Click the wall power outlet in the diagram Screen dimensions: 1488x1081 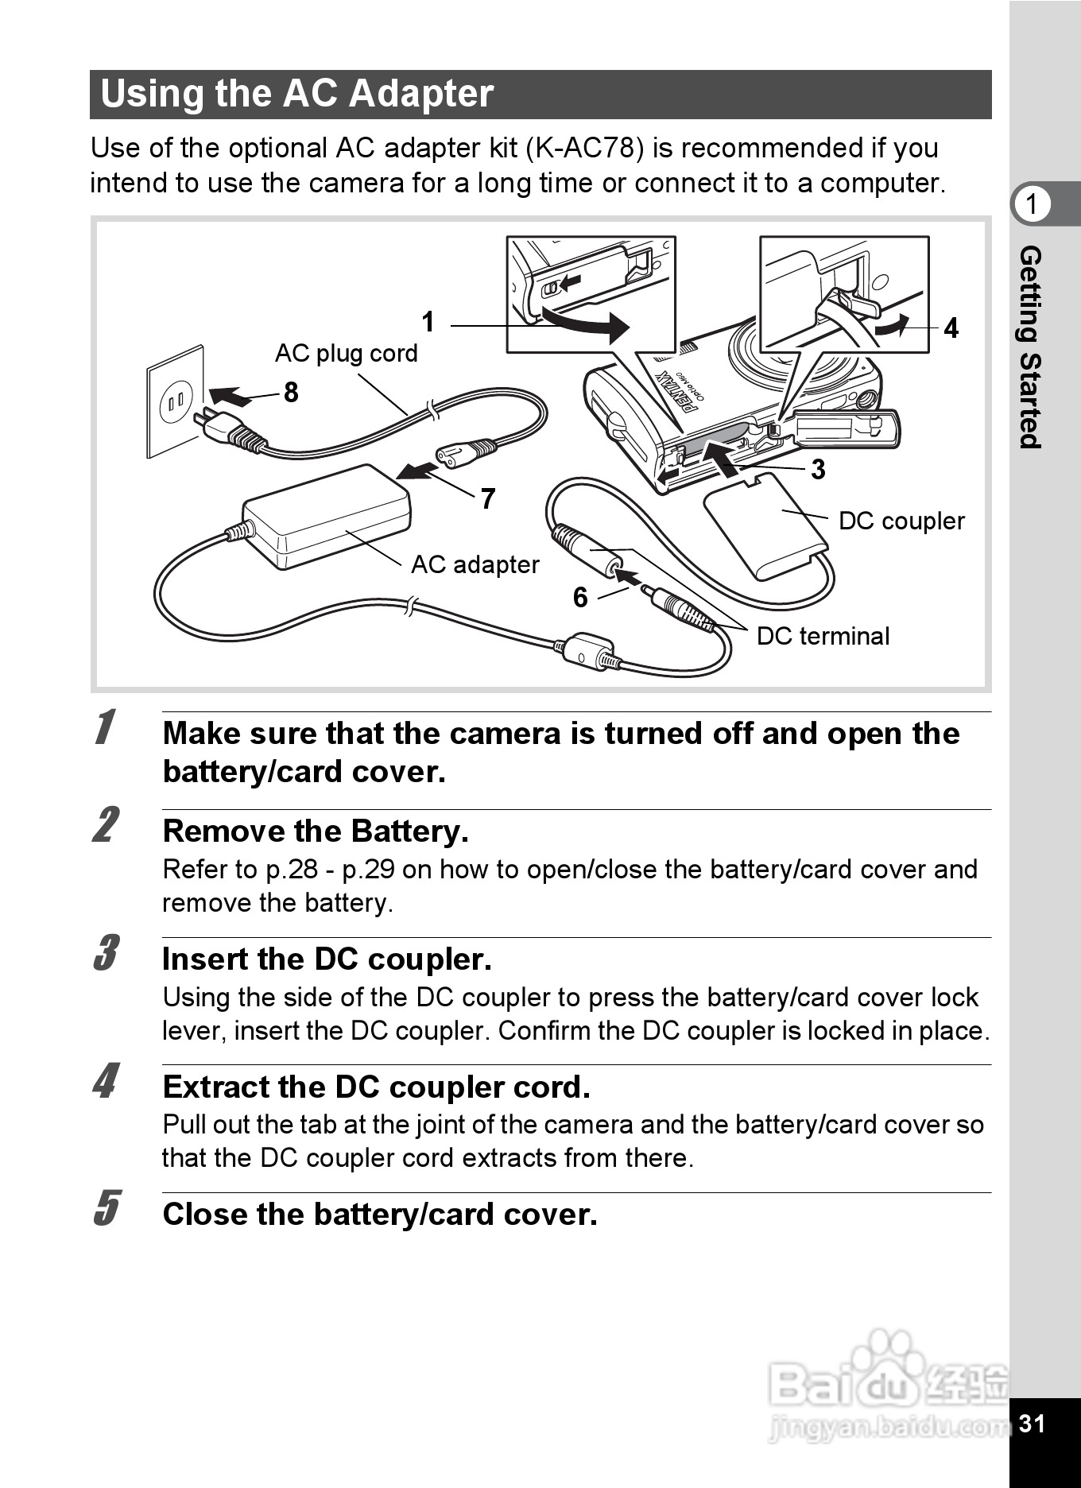[x=176, y=401]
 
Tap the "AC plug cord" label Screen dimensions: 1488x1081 [x=346, y=353]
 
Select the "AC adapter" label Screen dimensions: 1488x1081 [x=475, y=564]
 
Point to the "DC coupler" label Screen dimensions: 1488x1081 [x=901, y=521]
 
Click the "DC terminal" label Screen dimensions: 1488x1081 [x=823, y=636]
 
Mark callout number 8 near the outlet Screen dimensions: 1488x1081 [x=291, y=392]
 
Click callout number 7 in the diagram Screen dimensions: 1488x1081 [x=488, y=498]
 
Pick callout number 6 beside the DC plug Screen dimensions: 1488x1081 [x=580, y=597]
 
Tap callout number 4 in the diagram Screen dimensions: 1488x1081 [x=951, y=327]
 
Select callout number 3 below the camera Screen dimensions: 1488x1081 [x=818, y=469]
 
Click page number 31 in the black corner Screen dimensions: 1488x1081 [x=1032, y=1423]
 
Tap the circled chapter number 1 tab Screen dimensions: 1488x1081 [x=1032, y=204]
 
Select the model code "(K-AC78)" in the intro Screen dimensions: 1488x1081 [x=585, y=149]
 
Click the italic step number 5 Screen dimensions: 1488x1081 [x=106, y=1208]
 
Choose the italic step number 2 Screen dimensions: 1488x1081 [x=106, y=824]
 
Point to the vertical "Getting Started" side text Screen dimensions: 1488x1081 [x=1030, y=347]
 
